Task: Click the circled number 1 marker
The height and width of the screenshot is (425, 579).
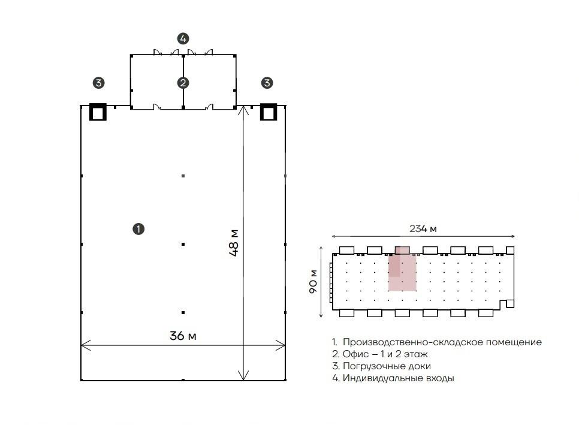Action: [x=138, y=229]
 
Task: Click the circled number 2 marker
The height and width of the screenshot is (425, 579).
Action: [x=183, y=83]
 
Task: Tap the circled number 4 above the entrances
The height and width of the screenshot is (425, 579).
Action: [x=183, y=38]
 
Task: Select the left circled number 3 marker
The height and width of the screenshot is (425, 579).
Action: [x=98, y=83]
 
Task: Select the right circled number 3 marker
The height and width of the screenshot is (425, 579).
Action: [x=267, y=83]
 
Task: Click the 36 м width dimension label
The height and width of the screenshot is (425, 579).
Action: [x=183, y=336]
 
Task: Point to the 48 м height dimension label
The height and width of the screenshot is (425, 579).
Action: [x=234, y=243]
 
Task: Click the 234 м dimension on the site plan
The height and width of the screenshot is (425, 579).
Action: [x=423, y=228]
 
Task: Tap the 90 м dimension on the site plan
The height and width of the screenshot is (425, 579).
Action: [x=313, y=281]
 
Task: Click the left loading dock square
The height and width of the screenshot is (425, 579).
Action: [x=98, y=112]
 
